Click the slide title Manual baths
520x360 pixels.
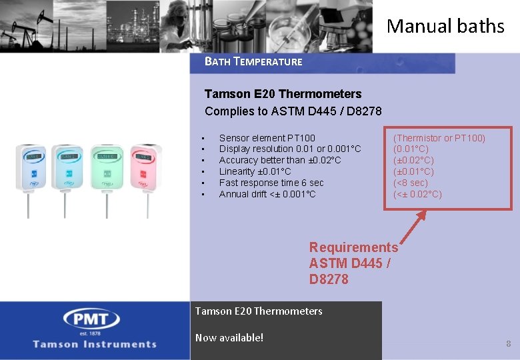pos(445,27)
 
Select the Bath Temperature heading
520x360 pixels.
pos(253,62)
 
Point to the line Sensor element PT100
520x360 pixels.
pos(267,138)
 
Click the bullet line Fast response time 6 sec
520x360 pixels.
pos(271,183)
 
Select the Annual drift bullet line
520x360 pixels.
pos(267,194)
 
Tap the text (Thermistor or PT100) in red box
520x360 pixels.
pos(439,138)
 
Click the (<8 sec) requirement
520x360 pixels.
pos(411,183)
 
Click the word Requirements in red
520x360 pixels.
pos(353,247)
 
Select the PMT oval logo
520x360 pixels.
pos(91,319)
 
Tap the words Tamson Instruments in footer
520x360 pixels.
pos(95,344)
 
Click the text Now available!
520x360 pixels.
pos(229,337)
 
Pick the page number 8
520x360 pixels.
pos(508,344)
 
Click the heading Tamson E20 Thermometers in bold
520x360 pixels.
pos(283,94)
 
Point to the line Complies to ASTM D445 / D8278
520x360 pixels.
pos(293,111)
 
